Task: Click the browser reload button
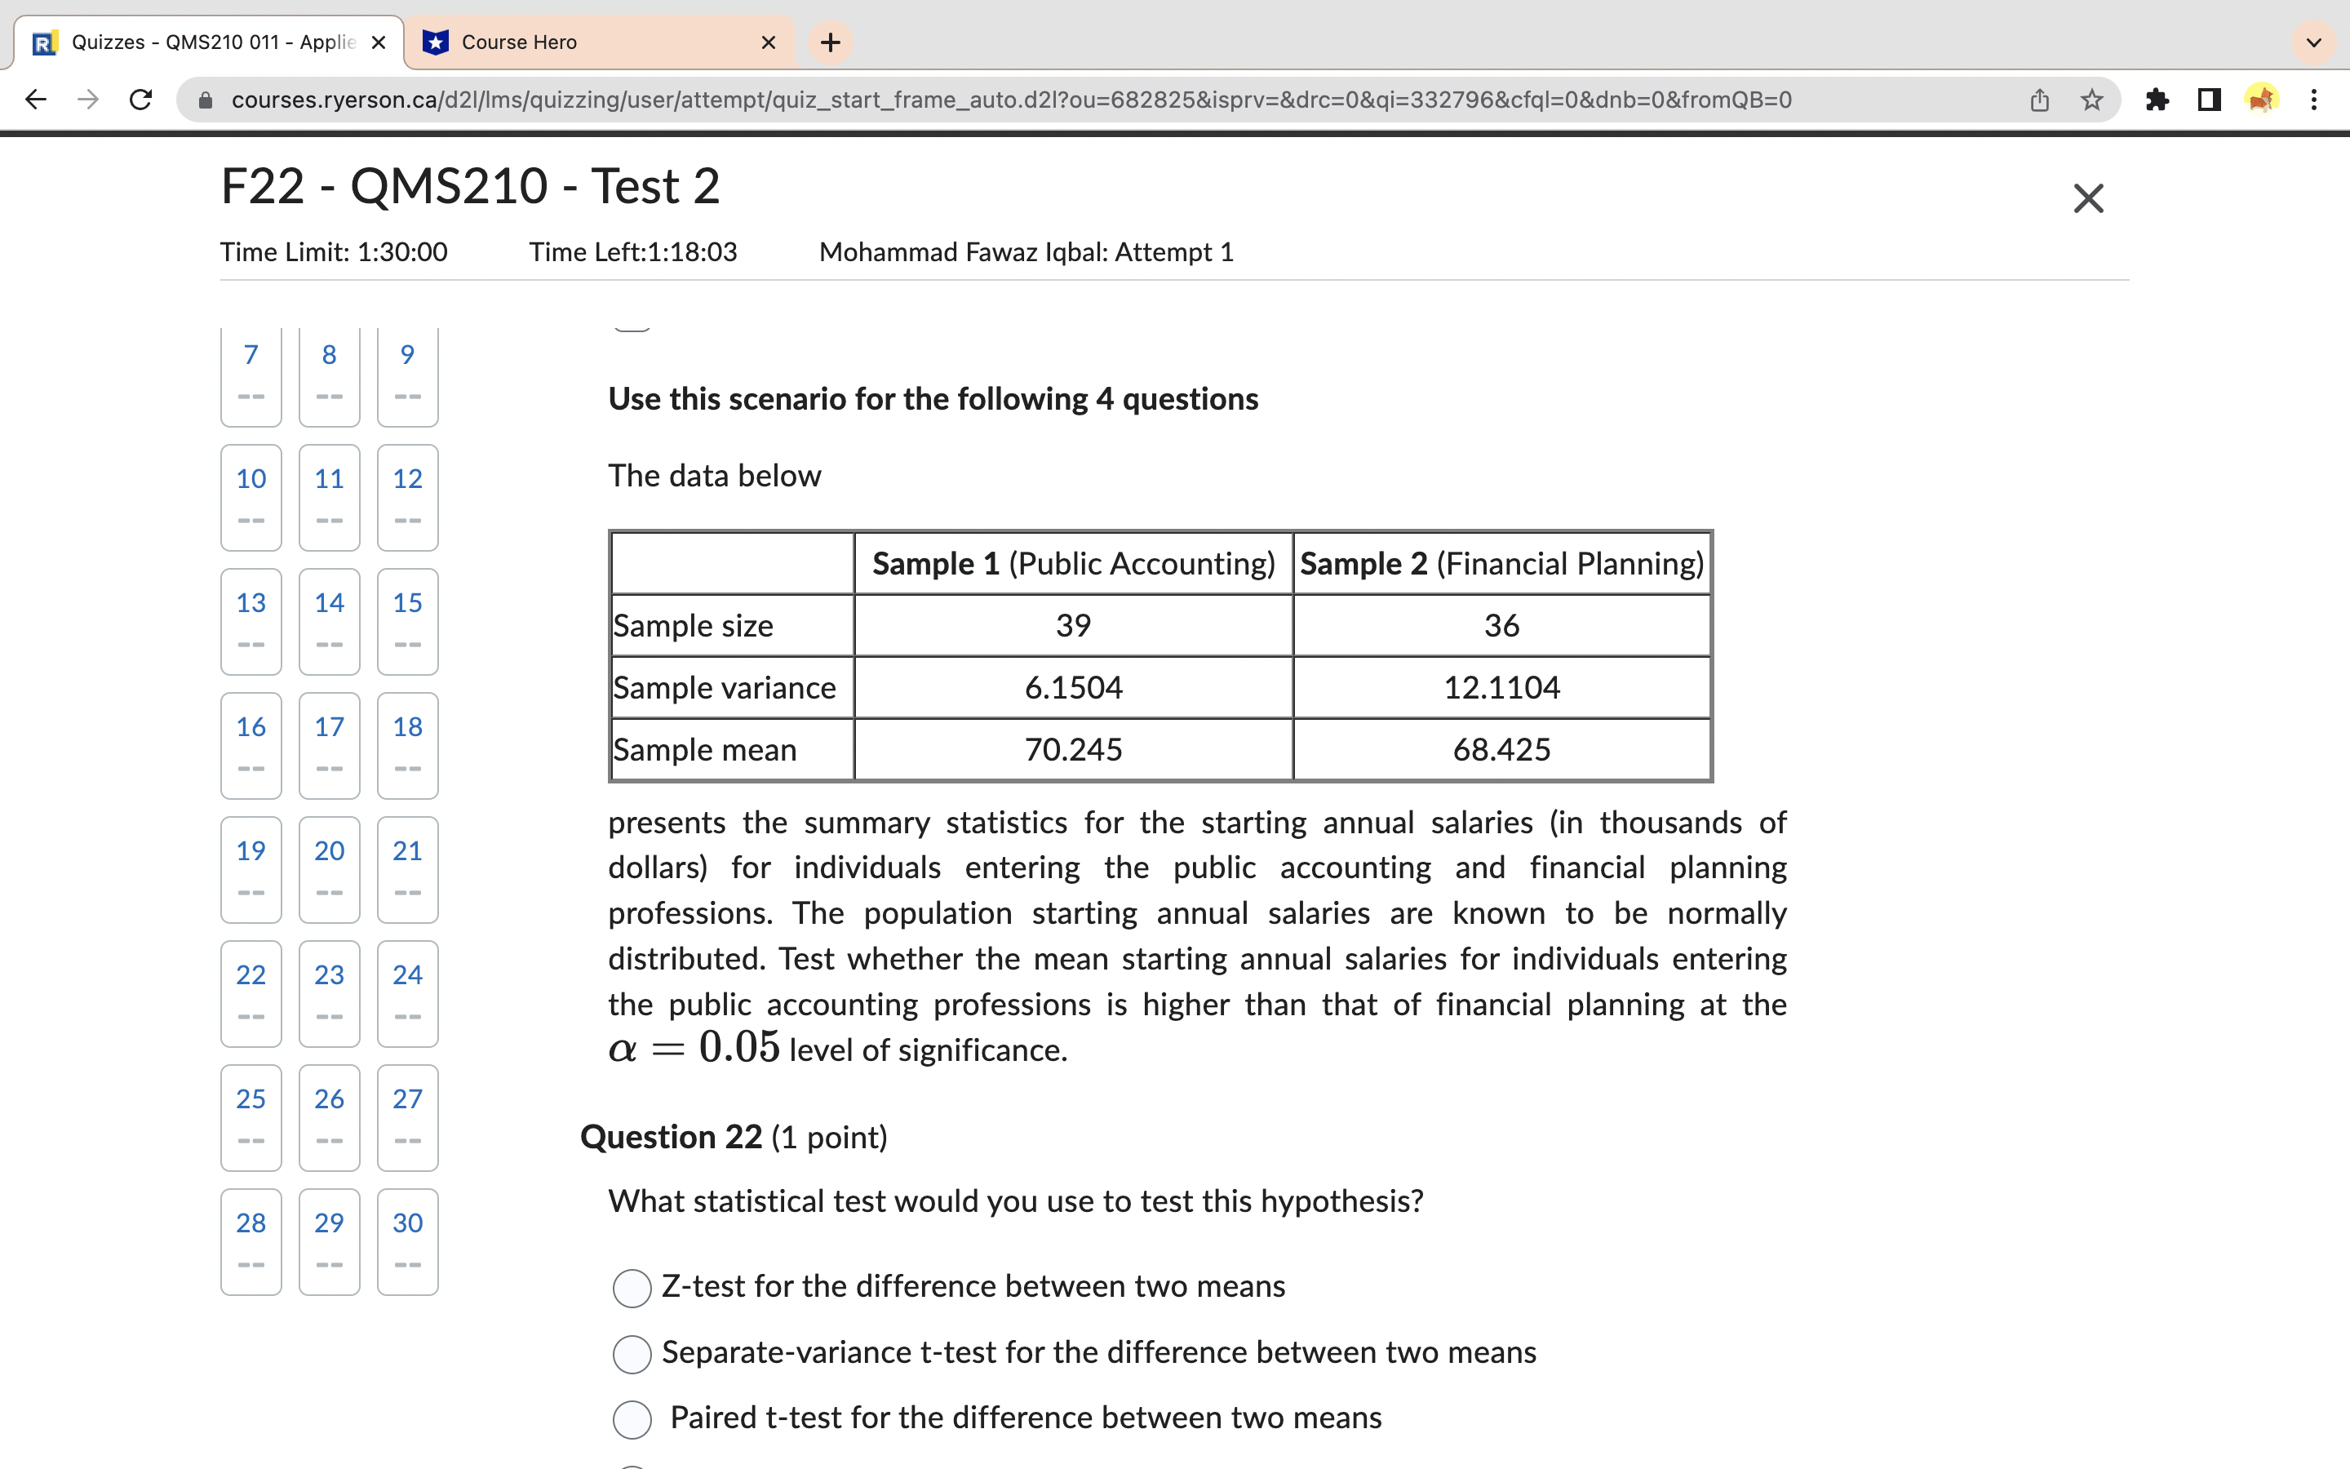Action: (x=141, y=99)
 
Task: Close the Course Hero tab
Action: (x=768, y=42)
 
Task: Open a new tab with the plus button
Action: (x=831, y=42)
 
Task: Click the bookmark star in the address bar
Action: (x=2091, y=99)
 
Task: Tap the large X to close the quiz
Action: (x=2088, y=198)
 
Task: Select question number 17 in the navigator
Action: (x=329, y=744)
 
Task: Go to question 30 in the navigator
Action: (x=407, y=1240)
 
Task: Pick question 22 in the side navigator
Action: (x=251, y=992)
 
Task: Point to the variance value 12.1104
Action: (x=1501, y=688)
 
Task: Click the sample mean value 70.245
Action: (x=1073, y=750)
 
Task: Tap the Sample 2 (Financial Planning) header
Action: (x=1501, y=563)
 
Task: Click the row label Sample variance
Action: (x=725, y=688)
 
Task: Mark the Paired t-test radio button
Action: (x=632, y=1419)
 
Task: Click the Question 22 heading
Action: (x=671, y=1137)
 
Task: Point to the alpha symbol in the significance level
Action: (x=623, y=1050)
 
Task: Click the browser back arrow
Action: (x=36, y=99)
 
